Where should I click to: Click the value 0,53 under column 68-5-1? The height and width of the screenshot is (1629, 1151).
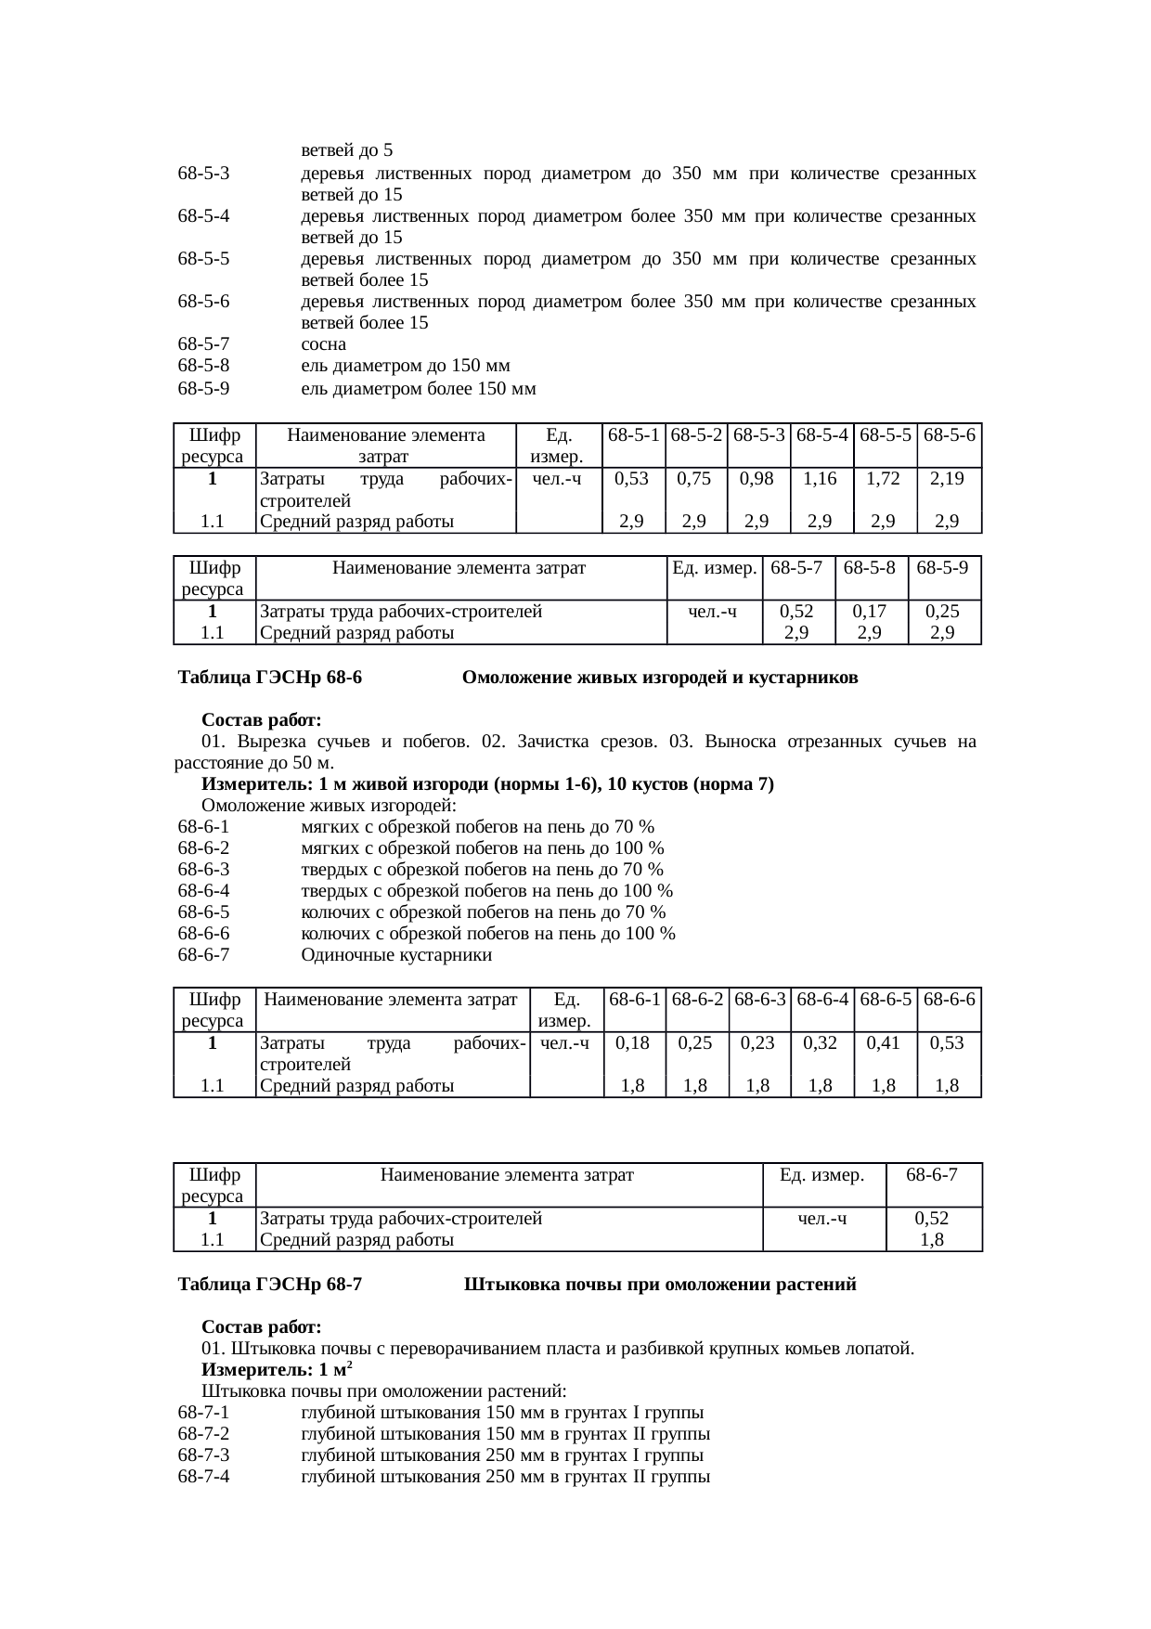(631, 479)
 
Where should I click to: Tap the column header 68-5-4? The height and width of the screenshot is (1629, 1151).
(821, 434)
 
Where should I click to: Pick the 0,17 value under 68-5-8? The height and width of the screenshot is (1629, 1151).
(870, 612)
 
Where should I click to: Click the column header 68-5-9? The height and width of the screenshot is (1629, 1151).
(942, 567)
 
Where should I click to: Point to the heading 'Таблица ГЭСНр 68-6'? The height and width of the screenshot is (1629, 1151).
(269, 678)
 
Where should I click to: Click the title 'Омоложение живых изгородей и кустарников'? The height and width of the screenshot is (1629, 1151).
(659, 678)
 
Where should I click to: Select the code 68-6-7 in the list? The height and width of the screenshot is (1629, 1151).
(203, 955)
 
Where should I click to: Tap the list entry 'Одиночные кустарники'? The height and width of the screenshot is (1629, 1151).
(396, 955)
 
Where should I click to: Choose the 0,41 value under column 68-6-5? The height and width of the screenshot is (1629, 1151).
(884, 1043)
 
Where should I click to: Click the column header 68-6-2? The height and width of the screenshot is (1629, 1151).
(697, 1000)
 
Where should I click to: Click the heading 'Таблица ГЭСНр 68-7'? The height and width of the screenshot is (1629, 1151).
(269, 1286)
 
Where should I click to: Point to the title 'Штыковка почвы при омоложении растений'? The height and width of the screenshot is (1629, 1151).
(659, 1286)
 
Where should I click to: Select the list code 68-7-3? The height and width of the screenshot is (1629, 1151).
(203, 1455)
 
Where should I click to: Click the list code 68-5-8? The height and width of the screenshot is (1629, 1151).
(203, 367)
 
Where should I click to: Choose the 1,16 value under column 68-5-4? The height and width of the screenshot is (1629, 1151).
(821, 479)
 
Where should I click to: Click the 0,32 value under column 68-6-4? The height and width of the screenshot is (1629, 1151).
(821, 1043)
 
